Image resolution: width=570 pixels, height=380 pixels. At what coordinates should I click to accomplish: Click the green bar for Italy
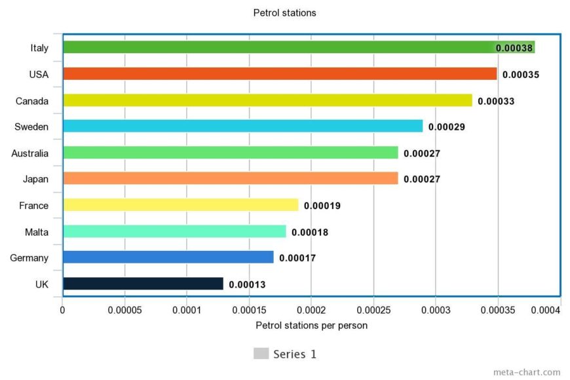pyautogui.click(x=278, y=47)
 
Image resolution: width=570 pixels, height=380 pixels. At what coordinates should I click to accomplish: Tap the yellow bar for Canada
pyautogui.click(x=267, y=100)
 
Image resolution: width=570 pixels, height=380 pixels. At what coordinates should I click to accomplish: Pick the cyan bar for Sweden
pyautogui.click(x=242, y=126)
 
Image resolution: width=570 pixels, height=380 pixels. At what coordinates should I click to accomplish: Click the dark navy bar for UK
pyautogui.click(x=143, y=284)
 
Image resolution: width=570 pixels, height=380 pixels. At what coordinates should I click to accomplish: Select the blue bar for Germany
pyautogui.click(x=168, y=257)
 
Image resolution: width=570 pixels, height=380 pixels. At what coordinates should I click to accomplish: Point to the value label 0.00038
pyautogui.click(x=514, y=48)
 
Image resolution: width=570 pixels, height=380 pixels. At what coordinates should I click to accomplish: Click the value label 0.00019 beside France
pyautogui.click(x=322, y=206)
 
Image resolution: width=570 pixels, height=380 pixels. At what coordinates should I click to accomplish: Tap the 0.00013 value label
pyautogui.click(x=247, y=284)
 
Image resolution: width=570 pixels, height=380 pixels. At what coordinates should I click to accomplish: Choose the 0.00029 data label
pyautogui.click(x=446, y=127)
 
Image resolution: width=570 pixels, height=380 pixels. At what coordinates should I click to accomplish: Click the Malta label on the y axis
pyautogui.click(x=37, y=232)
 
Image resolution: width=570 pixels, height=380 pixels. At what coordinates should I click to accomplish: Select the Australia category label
pyautogui.click(x=30, y=153)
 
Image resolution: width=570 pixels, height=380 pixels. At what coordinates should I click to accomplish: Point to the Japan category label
pyautogui.click(x=35, y=179)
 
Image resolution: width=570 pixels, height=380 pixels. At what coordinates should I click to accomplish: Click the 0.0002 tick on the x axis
pyautogui.click(x=311, y=310)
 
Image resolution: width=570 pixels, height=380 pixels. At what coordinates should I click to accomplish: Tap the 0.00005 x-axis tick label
pyautogui.click(x=124, y=310)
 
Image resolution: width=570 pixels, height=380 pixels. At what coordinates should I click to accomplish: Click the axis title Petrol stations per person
pyautogui.click(x=311, y=325)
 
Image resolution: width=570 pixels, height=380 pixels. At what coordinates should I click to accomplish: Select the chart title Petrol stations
pyautogui.click(x=284, y=12)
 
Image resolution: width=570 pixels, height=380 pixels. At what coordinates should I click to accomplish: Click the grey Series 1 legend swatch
pyautogui.click(x=261, y=354)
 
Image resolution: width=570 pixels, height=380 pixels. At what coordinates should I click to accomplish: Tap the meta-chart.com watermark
pyautogui.click(x=527, y=371)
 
